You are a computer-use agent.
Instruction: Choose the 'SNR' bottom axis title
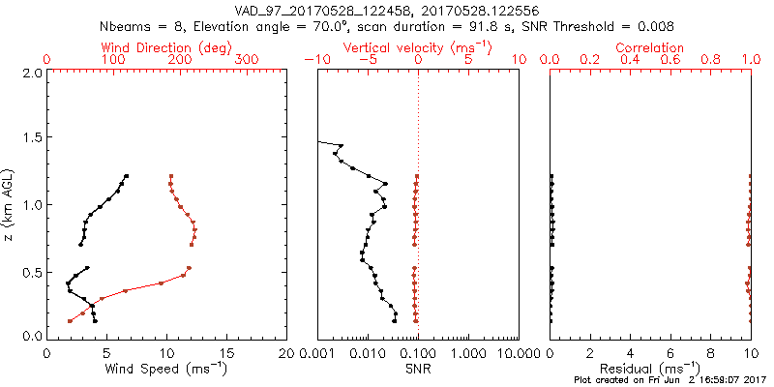pos(417,368)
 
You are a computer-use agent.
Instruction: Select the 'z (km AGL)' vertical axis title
pos(10,204)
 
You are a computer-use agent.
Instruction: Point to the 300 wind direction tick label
pos(248,60)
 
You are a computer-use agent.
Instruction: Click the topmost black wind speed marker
pos(127,176)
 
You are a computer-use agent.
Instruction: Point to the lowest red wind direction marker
pos(70,320)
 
